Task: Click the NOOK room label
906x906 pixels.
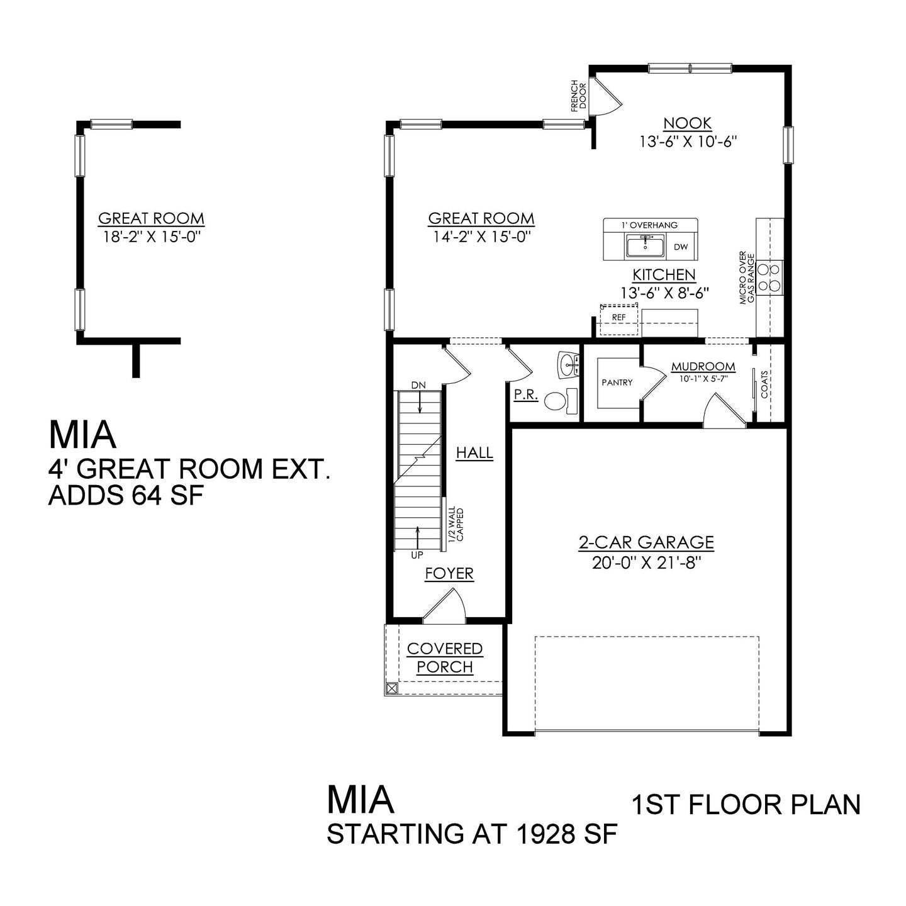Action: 687,123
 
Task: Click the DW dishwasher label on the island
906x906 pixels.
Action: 681,247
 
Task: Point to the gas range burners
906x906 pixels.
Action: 769,277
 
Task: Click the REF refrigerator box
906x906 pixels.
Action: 618,318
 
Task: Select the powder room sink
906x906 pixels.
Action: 569,364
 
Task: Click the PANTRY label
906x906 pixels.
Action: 617,382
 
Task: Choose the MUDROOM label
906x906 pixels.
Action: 703,367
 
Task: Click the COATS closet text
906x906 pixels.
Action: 764,384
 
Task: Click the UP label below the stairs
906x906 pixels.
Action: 417,555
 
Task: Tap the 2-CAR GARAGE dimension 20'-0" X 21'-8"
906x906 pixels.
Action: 646,562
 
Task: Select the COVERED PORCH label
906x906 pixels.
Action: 445,657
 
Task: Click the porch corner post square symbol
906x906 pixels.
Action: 391,688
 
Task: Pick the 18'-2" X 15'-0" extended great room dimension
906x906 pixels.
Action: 151,236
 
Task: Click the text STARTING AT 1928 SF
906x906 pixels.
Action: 472,834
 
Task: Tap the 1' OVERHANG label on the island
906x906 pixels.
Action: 650,225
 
